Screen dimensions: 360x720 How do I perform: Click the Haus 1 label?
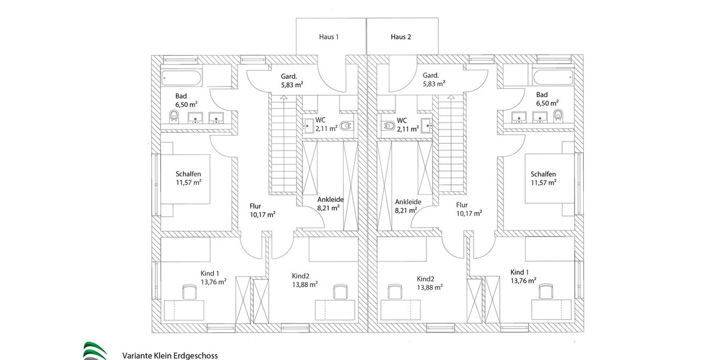click(x=328, y=37)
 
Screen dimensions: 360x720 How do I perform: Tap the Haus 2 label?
click(x=401, y=37)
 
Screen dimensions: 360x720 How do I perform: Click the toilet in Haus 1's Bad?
click(x=174, y=116)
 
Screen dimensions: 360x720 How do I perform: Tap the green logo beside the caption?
click(x=95, y=351)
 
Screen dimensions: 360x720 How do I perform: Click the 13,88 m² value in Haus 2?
click(x=430, y=287)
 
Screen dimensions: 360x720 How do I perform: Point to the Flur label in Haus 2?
click(x=461, y=205)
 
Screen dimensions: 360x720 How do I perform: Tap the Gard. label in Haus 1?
click(x=291, y=76)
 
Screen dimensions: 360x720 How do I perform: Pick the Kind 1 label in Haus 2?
click(x=521, y=272)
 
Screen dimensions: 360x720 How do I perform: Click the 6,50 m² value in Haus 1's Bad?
click(x=187, y=104)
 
